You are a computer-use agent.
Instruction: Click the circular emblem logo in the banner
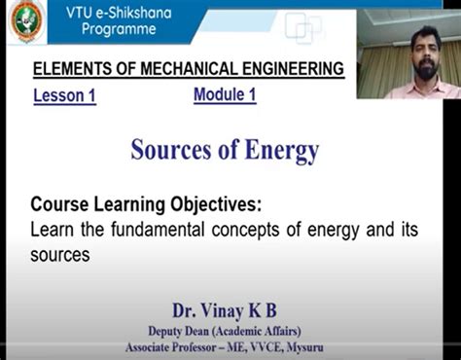click(x=26, y=21)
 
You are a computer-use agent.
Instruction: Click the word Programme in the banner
click(x=119, y=29)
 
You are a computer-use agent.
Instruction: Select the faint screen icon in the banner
click(x=302, y=26)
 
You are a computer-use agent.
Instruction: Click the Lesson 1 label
click(x=64, y=96)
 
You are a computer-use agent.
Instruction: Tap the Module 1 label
click(x=225, y=94)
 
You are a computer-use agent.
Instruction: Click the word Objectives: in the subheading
click(x=215, y=205)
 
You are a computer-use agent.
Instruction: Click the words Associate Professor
click(x=182, y=347)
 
